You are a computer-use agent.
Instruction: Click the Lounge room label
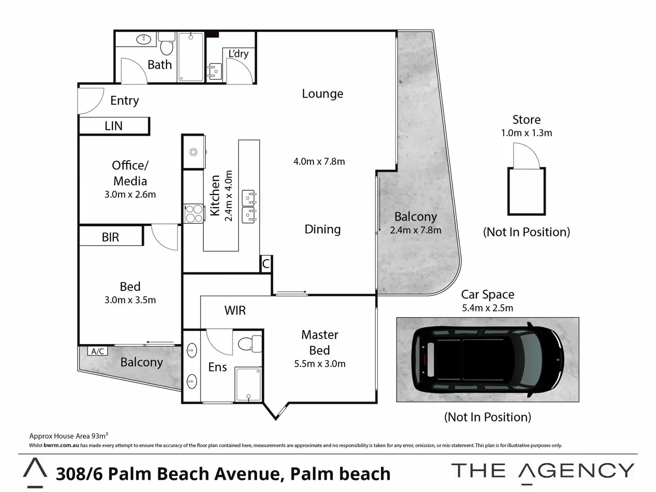322,94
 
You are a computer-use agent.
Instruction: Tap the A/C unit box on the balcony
98,351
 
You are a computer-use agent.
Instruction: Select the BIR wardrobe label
110,237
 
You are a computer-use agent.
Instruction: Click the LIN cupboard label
113,126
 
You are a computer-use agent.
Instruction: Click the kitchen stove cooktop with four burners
194,213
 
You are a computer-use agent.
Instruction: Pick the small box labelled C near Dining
266,264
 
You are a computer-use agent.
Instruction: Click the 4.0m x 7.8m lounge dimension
319,161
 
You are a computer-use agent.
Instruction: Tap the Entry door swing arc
90,101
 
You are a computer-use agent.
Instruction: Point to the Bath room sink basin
143,39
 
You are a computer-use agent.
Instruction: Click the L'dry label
238,54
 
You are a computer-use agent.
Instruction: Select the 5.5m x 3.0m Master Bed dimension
320,364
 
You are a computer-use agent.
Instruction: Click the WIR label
235,311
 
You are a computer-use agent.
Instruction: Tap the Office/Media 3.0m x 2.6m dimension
130,194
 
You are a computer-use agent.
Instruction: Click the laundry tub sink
215,71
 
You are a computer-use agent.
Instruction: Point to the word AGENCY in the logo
577,471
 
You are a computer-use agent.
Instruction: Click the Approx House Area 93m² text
69,436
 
